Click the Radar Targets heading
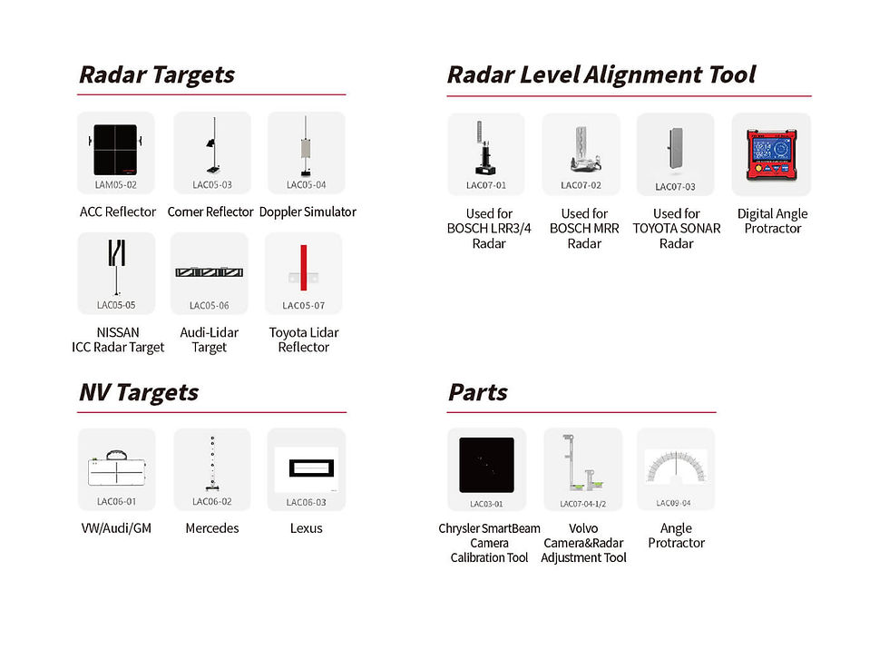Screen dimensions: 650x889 tap(156, 74)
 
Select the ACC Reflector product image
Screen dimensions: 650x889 tap(115, 149)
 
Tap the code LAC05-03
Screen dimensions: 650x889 tap(212, 185)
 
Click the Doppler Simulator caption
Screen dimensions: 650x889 tap(308, 212)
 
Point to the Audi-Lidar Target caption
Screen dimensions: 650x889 tap(210, 340)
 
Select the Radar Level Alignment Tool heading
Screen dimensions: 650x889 tap(601, 74)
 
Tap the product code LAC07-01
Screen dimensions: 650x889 tap(486, 186)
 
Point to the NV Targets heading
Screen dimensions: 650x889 tap(138, 392)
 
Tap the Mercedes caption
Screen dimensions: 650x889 tap(212, 528)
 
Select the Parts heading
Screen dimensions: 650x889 tap(477, 392)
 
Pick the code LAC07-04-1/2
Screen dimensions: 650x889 tap(583, 503)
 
